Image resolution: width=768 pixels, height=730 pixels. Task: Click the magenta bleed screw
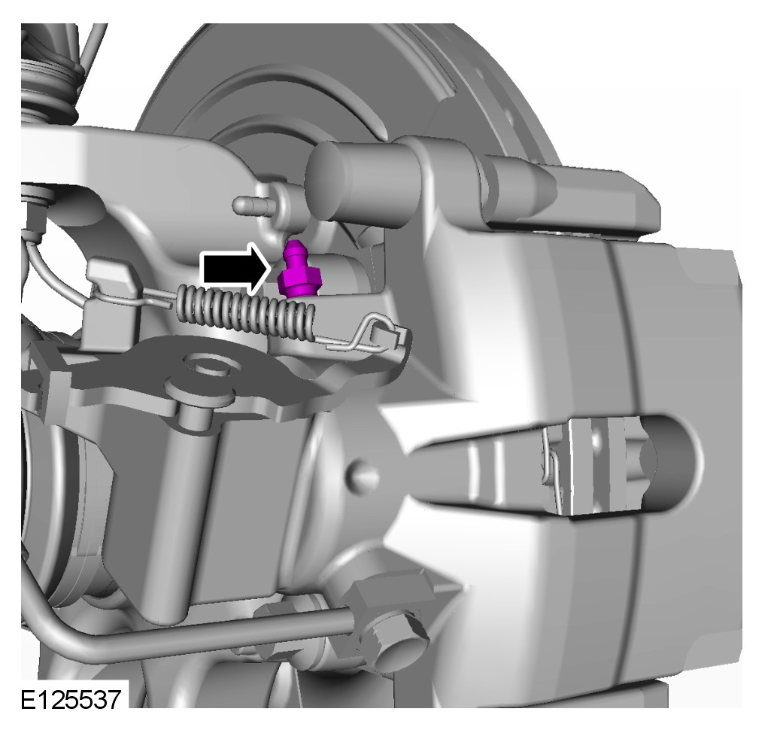297,270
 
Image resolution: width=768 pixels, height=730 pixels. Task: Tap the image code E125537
71,699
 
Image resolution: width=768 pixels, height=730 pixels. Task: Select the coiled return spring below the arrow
246,312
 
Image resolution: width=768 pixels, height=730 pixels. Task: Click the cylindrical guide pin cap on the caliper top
338,179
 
